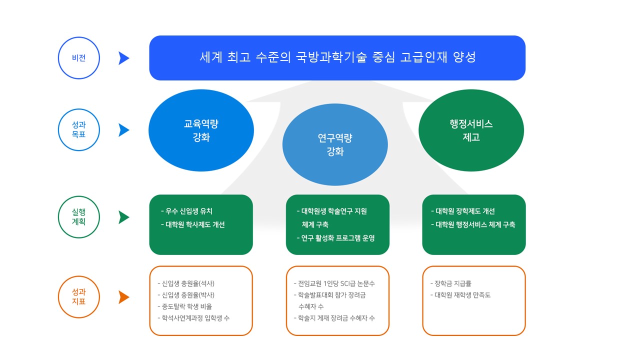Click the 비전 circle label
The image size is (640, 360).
79,58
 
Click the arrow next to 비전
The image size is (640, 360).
124,58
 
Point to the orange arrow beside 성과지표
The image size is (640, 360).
124,297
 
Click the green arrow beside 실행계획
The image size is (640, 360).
124,217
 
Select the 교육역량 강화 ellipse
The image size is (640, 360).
201,130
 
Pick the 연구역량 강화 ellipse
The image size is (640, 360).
335,144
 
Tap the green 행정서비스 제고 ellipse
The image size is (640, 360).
471,130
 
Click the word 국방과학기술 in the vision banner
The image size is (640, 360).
331,57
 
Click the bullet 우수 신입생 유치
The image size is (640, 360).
187,211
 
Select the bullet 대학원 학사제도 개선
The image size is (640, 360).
193,224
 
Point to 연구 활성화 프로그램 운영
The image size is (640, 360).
336,238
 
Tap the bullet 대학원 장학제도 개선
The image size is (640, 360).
463,211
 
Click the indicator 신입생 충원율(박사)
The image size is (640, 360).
186,295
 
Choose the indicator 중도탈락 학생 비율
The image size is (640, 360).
185,306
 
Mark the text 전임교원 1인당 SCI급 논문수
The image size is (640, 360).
334,283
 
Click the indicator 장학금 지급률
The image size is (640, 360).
451,283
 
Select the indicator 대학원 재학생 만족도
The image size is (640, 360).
460,295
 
